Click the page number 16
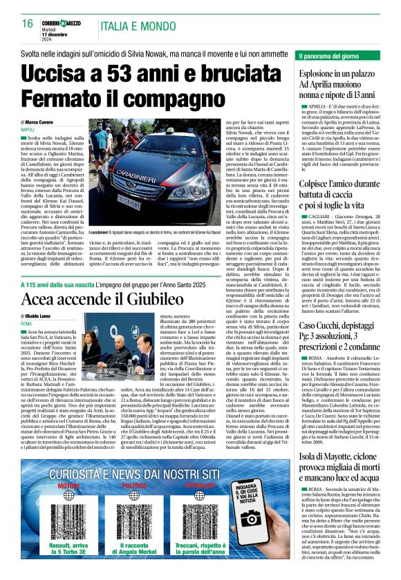coord(28,23)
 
